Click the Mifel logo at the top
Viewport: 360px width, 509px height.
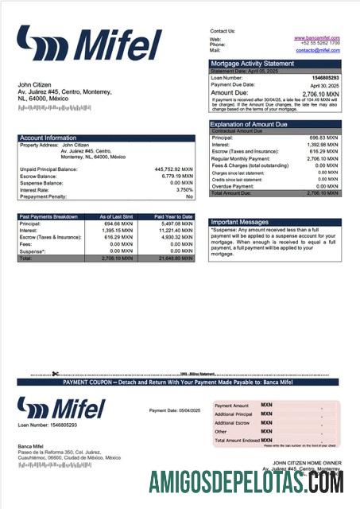click(89, 45)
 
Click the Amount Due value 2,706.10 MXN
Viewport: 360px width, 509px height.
click(321, 92)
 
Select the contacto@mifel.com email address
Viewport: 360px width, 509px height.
click(318, 50)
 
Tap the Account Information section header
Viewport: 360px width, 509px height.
click(48, 138)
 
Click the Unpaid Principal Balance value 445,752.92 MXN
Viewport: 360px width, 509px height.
click(173, 169)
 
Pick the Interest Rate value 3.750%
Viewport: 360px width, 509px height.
click(184, 189)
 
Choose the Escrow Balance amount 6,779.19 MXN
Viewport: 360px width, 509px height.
click(175, 177)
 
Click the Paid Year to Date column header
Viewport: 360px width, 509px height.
click(173, 216)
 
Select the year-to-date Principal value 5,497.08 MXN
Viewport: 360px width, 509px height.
click(176, 223)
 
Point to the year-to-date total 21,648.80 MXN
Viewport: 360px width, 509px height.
click(175, 258)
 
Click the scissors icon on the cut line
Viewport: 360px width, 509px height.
click(55, 374)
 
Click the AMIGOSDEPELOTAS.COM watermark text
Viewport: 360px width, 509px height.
click(246, 480)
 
